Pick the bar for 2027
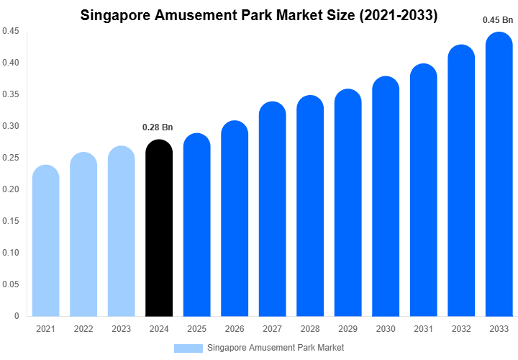(273, 210)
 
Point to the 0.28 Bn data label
(158, 127)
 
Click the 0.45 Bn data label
(498, 20)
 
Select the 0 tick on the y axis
(17, 316)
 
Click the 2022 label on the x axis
(83, 329)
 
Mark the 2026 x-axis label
(235, 329)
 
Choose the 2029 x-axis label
(348, 329)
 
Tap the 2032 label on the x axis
(461, 329)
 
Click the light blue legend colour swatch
(188, 348)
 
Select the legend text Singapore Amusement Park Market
(276, 348)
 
